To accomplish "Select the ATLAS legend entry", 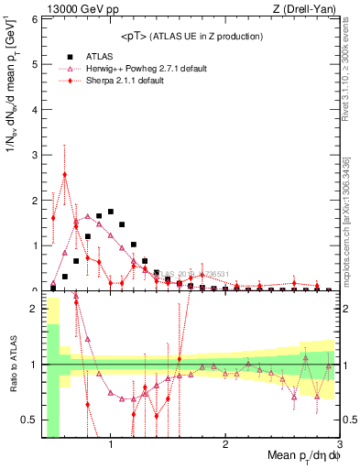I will (99, 55).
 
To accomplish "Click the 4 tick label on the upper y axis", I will (36, 109).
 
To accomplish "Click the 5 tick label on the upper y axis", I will (36, 63).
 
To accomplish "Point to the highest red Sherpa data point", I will (64, 174).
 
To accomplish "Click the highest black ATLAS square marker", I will (111, 212).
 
